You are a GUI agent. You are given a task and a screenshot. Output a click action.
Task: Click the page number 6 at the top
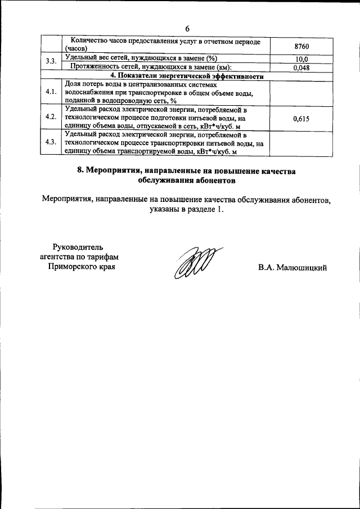click(x=187, y=29)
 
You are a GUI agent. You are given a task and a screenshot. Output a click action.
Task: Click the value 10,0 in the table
click(x=301, y=59)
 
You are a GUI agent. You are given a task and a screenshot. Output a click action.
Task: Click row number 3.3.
click(x=51, y=63)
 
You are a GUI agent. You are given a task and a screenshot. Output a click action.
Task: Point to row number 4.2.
click(x=51, y=118)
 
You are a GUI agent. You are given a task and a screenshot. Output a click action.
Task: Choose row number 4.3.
click(x=51, y=143)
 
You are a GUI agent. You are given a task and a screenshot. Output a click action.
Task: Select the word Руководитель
click(x=78, y=246)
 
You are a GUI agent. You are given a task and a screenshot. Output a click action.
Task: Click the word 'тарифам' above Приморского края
click(x=105, y=256)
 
